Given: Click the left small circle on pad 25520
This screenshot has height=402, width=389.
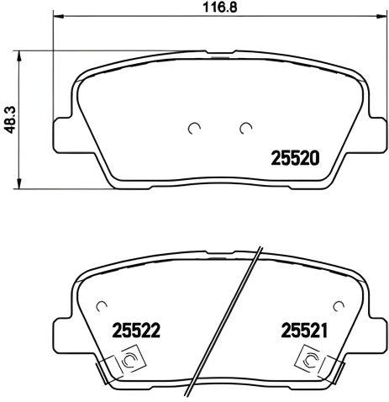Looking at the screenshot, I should click(x=194, y=128).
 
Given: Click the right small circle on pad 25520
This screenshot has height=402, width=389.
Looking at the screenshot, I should click(x=245, y=128).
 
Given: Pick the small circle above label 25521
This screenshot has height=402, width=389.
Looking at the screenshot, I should click(x=338, y=304).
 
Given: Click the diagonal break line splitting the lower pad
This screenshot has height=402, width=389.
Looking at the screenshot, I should click(x=224, y=320).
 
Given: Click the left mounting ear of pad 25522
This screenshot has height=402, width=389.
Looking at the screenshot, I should click(x=62, y=335).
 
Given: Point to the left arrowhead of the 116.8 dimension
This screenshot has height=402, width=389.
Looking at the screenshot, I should click(x=58, y=17).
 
